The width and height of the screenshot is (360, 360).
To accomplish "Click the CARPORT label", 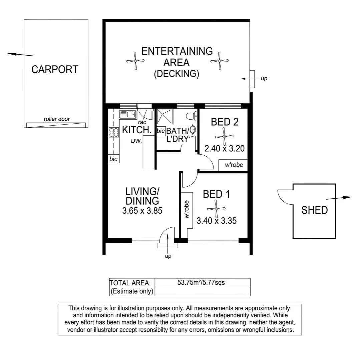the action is pyautogui.click(x=55, y=69).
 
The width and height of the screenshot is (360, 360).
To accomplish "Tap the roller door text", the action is pyautogui.click(x=57, y=119).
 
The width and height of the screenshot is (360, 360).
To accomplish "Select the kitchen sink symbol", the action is pyautogui.click(x=128, y=114).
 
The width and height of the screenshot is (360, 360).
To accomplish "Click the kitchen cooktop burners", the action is pyautogui.click(x=114, y=132).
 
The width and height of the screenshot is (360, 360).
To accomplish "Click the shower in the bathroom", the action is pyautogui.click(x=165, y=117).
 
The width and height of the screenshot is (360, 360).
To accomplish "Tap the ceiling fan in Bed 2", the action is pyautogui.click(x=224, y=137).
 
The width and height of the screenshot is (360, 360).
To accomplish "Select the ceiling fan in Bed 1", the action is pyautogui.click(x=216, y=209).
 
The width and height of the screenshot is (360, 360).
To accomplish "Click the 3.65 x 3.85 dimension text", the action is pyautogui.click(x=142, y=211).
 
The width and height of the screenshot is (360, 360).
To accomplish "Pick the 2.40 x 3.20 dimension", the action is pyautogui.click(x=225, y=149).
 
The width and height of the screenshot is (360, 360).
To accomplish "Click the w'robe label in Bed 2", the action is pyautogui.click(x=234, y=165).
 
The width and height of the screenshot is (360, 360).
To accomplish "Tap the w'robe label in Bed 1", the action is pyautogui.click(x=187, y=209).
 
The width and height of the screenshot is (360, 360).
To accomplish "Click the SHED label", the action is pyautogui.click(x=315, y=210).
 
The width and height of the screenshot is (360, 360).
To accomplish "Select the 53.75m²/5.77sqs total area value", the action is pyautogui.click(x=201, y=282).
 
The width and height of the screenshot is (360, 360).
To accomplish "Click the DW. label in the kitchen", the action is pyautogui.click(x=136, y=141).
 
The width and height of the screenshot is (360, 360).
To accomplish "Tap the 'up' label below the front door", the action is pyautogui.click(x=168, y=256).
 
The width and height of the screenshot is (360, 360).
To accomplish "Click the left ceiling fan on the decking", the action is pyautogui.click(x=135, y=61).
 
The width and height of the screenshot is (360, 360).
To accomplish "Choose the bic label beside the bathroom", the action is pyautogui.click(x=160, y=131).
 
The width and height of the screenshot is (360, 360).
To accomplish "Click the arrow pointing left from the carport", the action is pyautogui.click(x=20, y=54).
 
